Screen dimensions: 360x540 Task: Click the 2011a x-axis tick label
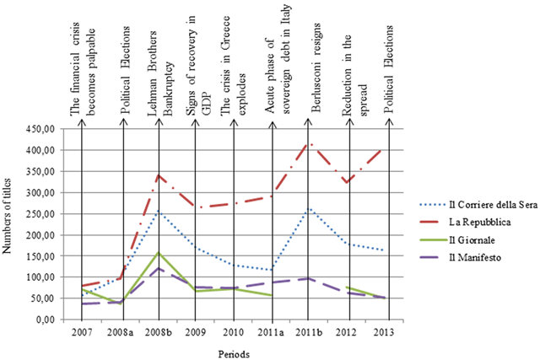(x=272, y=331)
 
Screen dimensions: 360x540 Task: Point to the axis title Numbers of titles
(x=9, y=223)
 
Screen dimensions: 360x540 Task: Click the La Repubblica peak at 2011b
(x=310, y=143)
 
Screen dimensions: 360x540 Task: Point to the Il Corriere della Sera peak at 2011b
(x=310, y=208)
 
